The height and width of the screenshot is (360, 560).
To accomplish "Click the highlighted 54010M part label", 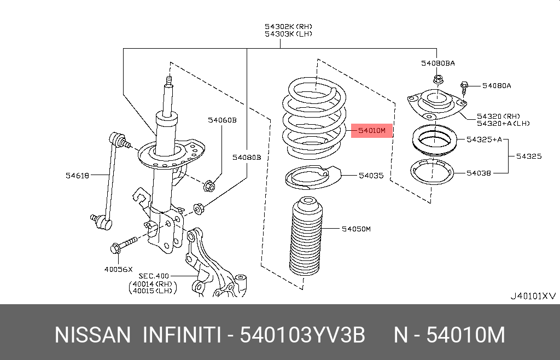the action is click(372, 131).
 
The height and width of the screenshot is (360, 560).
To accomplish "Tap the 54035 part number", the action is click(371, 176).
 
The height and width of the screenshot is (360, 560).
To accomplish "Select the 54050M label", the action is click(356, 229).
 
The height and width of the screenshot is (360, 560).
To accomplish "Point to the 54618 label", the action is click(77, 175).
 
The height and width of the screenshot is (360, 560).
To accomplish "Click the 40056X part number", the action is click(119, 270).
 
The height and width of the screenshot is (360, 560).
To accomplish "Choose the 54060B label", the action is click(221, 120).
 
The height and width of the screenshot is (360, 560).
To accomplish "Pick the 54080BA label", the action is click(437, 63).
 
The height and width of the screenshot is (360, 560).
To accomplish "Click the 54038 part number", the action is click(479, 173).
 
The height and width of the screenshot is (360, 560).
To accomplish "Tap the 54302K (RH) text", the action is click(288, 26).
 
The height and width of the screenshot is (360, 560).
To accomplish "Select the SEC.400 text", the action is click(154, 276).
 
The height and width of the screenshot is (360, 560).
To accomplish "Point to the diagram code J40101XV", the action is click(533, 296).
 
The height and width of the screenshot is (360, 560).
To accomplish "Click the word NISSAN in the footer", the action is click(92, 335).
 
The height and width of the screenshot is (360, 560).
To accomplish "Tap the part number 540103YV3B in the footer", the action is click(302, 335).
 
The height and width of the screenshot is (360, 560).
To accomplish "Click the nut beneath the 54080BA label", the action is click(437, 79).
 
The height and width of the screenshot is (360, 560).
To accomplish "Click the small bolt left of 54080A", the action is click(464, 86).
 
